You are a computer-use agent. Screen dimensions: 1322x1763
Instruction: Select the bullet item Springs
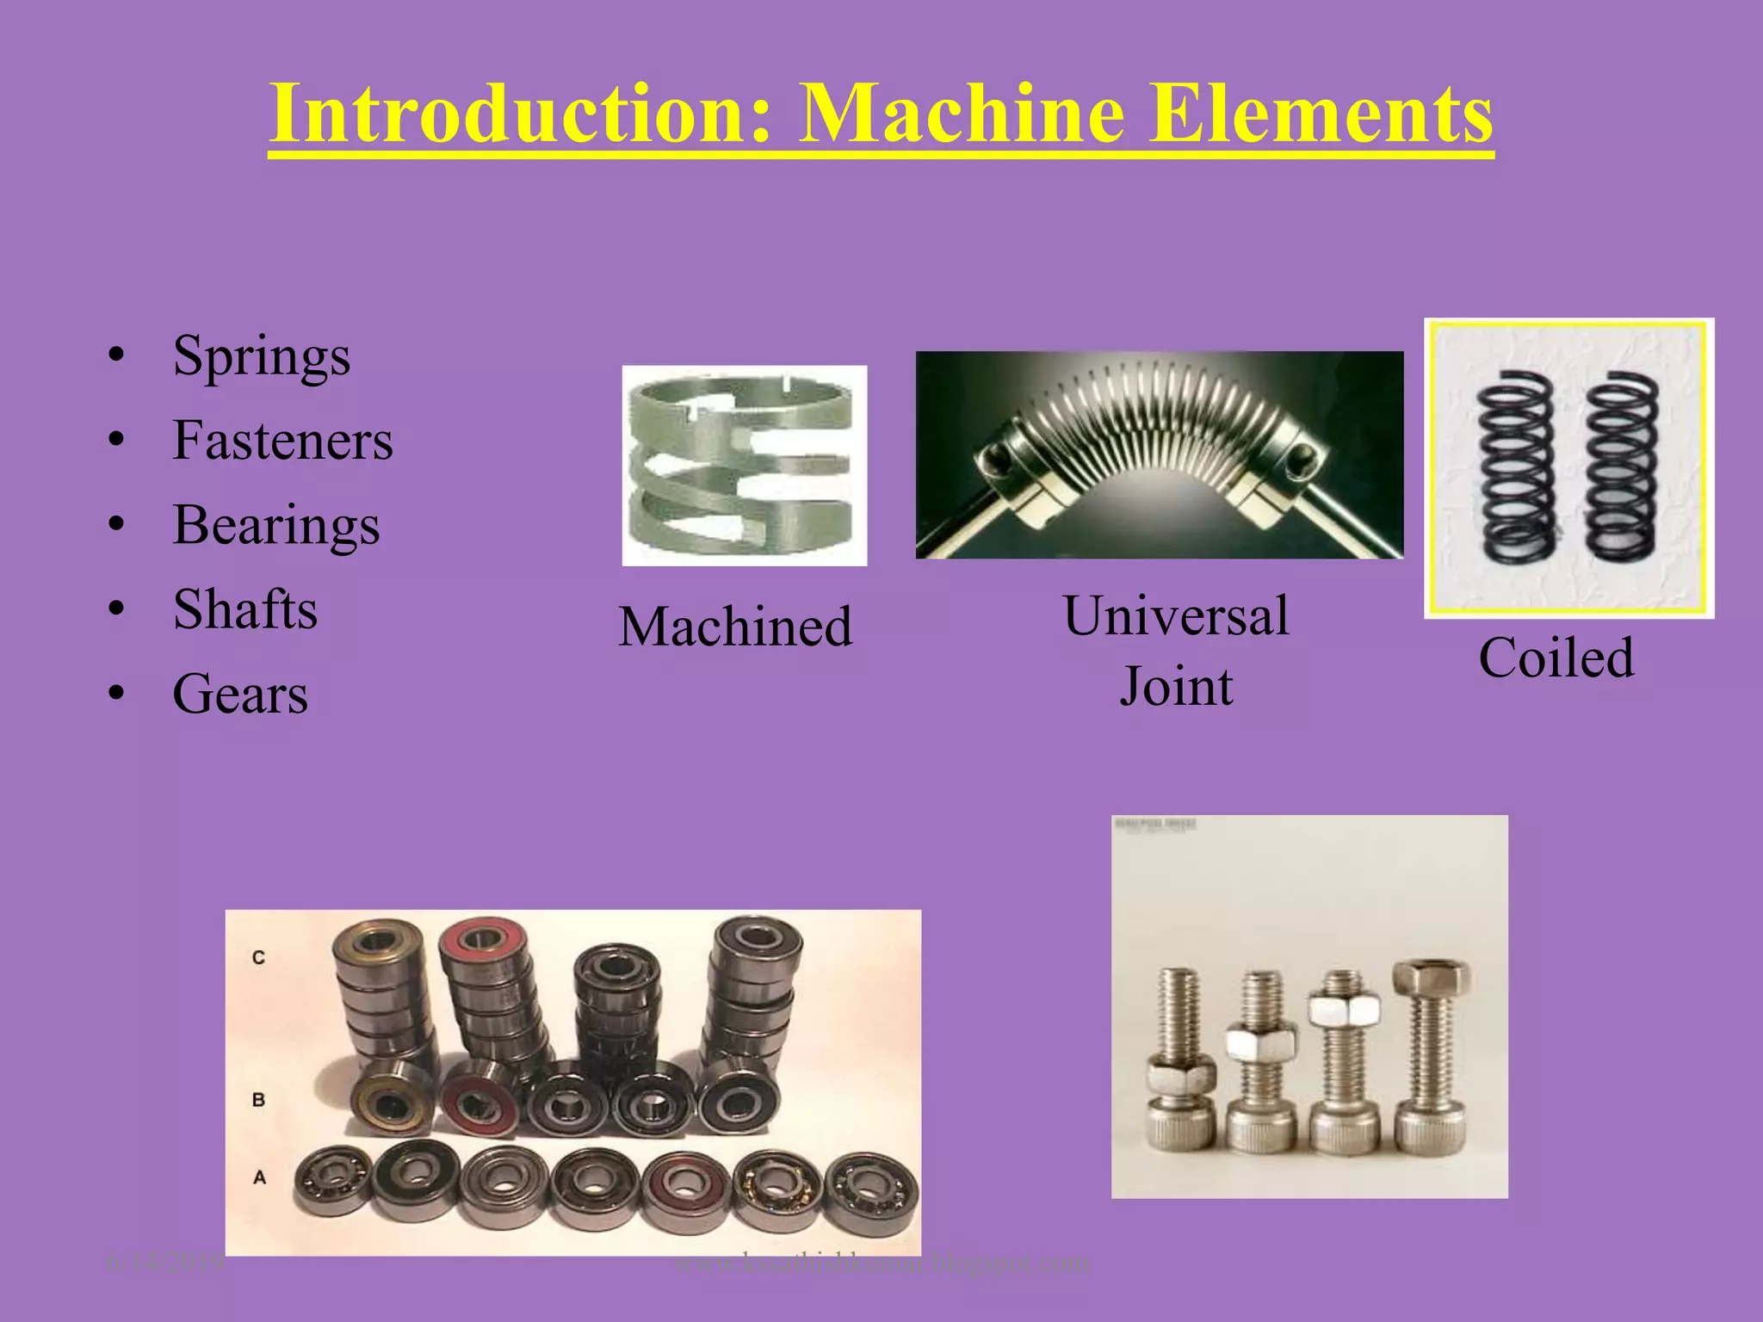pos(261,355)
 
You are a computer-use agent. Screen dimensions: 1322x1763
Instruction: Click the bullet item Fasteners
pos(282,441)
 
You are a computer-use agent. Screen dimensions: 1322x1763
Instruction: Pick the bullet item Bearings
pos(275,525)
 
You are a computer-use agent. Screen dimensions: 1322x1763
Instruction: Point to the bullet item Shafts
pos(245,609)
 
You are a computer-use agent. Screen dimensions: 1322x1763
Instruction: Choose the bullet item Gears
pos(240,694)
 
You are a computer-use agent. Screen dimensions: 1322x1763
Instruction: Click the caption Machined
pos(735,626)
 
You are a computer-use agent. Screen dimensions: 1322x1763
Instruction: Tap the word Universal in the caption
pos(1176,616)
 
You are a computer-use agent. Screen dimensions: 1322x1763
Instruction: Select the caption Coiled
pos(1556,658)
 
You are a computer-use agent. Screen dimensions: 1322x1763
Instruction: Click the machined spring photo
pos(745,466)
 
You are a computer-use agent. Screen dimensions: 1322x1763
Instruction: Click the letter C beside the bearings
pos(259,957)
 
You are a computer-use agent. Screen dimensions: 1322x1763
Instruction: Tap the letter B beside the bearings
pos(258,1100)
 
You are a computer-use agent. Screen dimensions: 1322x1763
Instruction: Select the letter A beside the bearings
pos(259,1177)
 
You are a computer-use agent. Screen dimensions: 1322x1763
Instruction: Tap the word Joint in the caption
pos(1176,687)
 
